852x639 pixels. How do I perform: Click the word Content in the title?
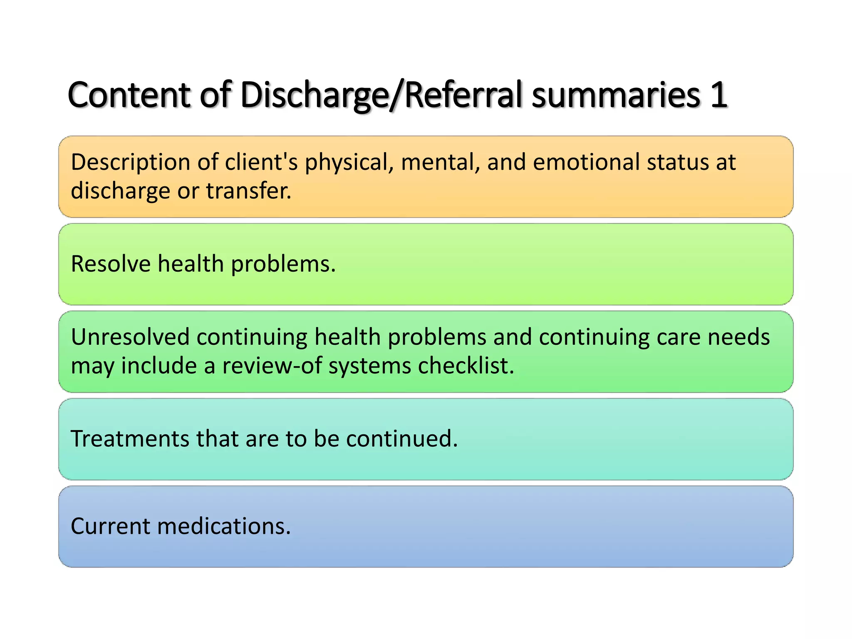coord(129,95)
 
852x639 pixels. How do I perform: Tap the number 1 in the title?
coord(718,95)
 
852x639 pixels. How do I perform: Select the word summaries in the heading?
coord(616,95)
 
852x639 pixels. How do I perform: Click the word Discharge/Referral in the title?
coord(381,96)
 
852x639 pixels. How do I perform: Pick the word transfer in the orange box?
coord(248,191)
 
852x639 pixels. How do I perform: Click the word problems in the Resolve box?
coord(283,265)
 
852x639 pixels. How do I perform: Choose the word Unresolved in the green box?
coord(130,337)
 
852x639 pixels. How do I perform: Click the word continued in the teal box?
coord(401,438)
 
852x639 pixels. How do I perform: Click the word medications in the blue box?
coord(224,526)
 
